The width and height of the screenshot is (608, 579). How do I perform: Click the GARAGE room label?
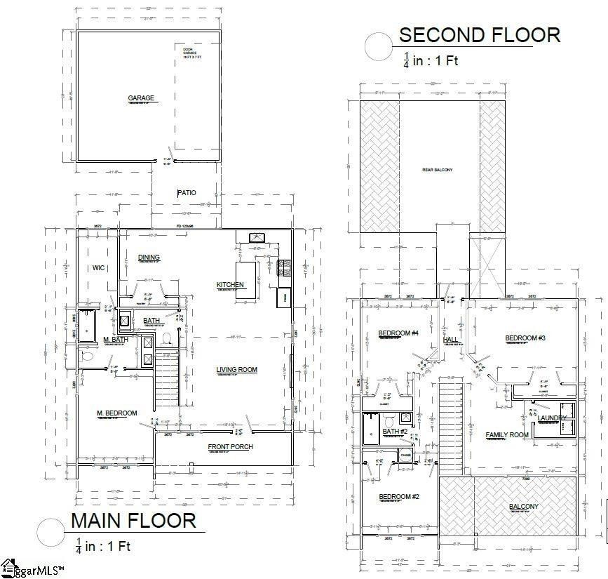(140, 98)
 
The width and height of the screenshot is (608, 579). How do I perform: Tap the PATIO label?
(187, 192)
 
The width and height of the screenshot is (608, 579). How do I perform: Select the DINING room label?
(149, 258)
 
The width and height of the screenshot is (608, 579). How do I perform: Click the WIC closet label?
(98, 267)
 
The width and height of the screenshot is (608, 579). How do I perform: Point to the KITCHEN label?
(230, 284)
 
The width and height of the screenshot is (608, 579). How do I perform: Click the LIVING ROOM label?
(236, 370)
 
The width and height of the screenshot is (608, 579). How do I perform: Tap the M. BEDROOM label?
(116, 413)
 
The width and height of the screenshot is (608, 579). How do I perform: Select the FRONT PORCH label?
(230, 447)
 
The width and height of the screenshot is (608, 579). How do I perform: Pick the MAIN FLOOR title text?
(133, 521)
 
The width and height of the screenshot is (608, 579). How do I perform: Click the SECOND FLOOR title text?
(480, 35)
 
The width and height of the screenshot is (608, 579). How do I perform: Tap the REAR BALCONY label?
(437, 170)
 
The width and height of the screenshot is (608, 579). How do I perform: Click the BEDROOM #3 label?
(525, 338)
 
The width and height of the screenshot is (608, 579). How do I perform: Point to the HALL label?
(450, 340)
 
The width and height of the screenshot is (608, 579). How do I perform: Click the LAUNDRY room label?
(552, 418)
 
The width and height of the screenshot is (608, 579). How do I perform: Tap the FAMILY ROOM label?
(507, 435)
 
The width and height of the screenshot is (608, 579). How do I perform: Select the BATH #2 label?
(395, 432)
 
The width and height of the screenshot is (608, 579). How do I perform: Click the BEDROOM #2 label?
(399, 497)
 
